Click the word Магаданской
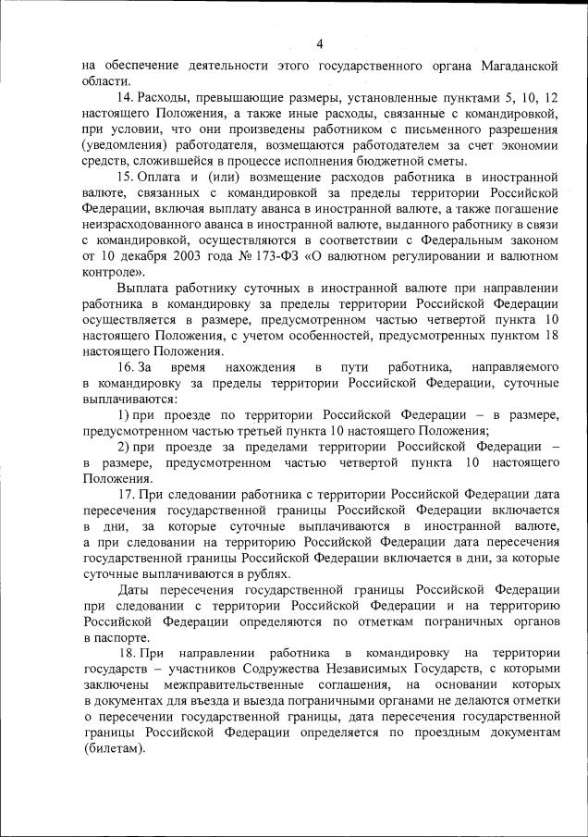click(x=519, y=66)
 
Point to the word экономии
click(x=526, y=145)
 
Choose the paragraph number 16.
click(x=126, y=368)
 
